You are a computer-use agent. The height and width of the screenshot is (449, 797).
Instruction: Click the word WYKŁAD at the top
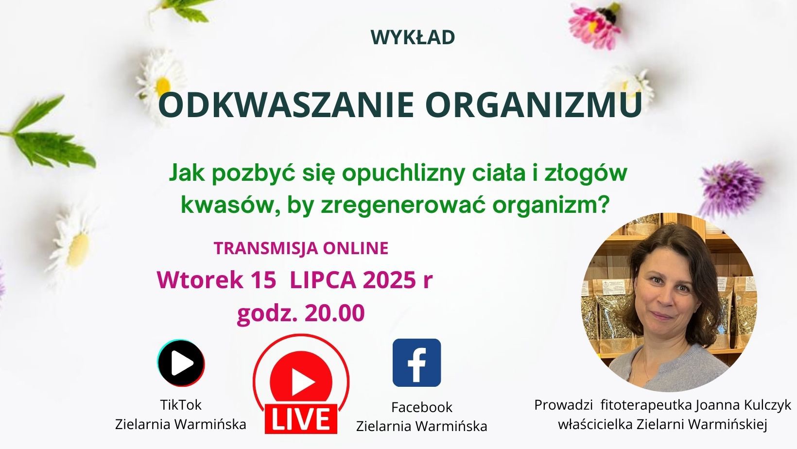tap(413, 37)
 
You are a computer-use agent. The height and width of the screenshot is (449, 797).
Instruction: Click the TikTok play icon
tap(181, 363)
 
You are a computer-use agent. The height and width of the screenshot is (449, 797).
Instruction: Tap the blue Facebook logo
tap(416, 363)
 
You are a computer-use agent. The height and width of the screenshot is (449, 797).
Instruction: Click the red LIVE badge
tap(301, 419)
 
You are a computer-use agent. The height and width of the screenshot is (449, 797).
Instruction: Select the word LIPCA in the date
tap(324, 280)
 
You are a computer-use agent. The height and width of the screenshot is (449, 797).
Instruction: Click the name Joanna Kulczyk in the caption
tap(743, 405)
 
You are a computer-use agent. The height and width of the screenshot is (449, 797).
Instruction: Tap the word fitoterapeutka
tap(646, 405)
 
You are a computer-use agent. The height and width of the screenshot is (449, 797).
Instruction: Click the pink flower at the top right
tap(595, 25)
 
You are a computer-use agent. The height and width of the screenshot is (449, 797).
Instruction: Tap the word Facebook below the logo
tap(422, 407)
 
